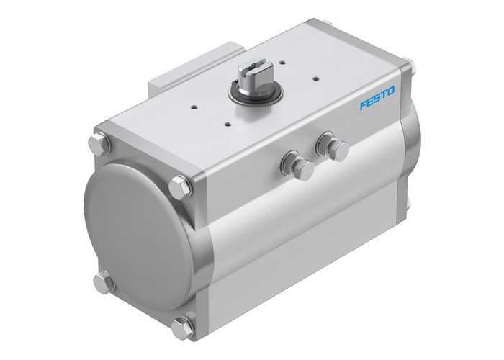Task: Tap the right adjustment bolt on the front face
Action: coord(334,146)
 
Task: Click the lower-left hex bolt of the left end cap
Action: coord(106,282)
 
